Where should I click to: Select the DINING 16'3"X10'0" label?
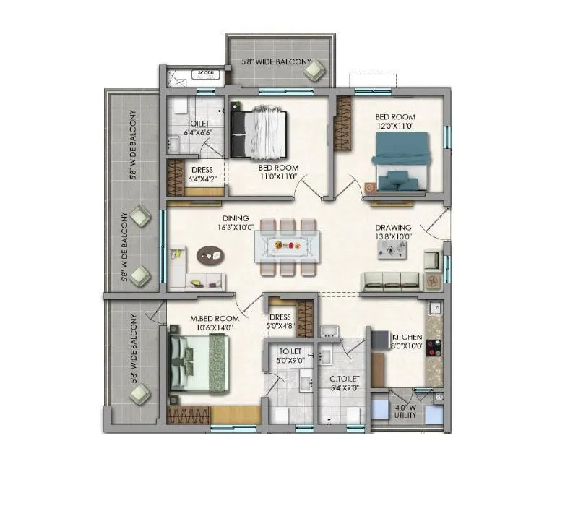coord(236,222)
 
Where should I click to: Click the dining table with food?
coord(288,246)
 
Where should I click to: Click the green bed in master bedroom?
coord(200,361)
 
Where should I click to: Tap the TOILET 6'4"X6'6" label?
coord(197,128)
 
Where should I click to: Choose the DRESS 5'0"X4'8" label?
coord(280,322)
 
